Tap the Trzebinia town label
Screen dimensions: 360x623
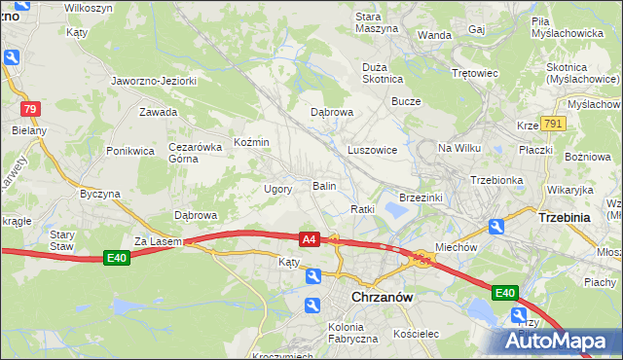pyautogui.click(x=564, y=218)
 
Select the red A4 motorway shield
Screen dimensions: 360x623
pyautogui.click(x=310, y=238)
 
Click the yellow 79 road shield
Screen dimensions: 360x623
pyautogui.click(x=30, y=109)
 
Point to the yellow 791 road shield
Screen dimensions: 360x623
pyautogui.click(x=553, y=124)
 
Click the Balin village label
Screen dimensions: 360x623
pyautogui.click(x=324, y=185)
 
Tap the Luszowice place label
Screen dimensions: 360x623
pyautogui.click(x=372, y=151)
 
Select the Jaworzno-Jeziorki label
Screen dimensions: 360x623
pyautogui.click(x=154, y=81)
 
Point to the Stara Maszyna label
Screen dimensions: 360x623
pyautogui.click(x=377, y=22)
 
